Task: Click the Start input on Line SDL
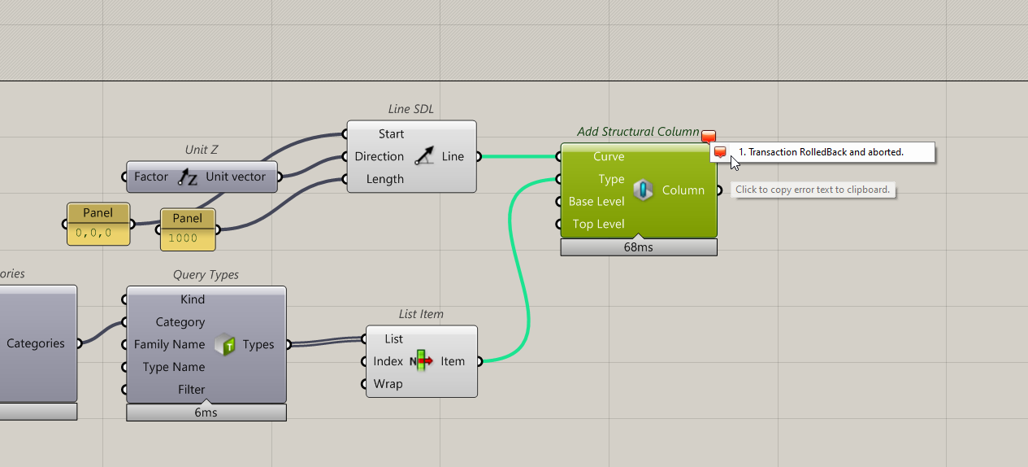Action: pyautogui.click(x=391, y=134)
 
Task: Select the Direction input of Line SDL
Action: pyautogui.click(x=379, y=157)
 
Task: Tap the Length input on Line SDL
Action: pyautogui.click(x=384, y=179)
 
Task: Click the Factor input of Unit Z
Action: pyautogui.click(x=151, y=177)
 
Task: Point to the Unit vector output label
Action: pyautogui.click(x=236, y=177)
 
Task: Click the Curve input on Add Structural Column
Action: pyautogui.click(x=608, y=157)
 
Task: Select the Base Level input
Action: pyautogui.click(x=596, y=202)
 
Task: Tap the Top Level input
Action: pyautogui.click(x=598, y=224)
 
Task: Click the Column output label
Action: pyautogui.click(x=683, y=190)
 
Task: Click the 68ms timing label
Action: pyautogui.click(x=639, y=247)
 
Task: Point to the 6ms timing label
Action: pyautogui.click(x=206, y=412)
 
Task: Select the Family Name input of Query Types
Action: pyautogui.click(x=169, y=345)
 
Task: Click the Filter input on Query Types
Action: pyautogui.click(x=191, y=390)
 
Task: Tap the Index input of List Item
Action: pyautogui.click(x=388, y=361)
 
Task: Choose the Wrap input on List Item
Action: pyautogui.click(x=388, y=384)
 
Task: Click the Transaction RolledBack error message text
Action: pyautogui.click(x=821, y=152)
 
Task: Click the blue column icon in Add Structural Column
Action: pyautogui.click(x=644, y=190)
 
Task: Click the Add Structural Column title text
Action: pyautogui.click(x=638, y=132)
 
